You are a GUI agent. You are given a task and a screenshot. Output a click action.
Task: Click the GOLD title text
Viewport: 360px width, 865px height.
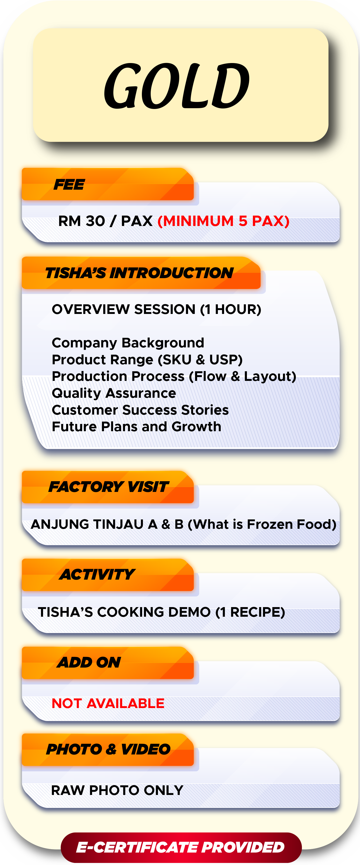click(177, 86)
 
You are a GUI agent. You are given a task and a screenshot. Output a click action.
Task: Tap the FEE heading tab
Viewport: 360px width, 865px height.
click(70, 184)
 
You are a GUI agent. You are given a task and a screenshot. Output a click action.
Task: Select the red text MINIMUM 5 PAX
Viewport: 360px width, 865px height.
click(223, 221)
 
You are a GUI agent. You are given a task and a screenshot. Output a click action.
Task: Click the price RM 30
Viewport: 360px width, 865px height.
click(82, 221)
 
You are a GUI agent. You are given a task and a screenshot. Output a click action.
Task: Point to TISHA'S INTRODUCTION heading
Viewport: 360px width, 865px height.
click(139, 273)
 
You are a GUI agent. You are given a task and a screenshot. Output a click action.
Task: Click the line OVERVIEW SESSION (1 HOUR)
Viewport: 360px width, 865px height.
click(156, 309)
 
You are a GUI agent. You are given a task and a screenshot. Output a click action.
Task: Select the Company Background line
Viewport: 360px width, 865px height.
click(128, 343)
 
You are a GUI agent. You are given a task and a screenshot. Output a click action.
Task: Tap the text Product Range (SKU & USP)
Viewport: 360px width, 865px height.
click(147, 360)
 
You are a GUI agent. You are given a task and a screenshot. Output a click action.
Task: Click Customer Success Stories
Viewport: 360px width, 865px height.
click(140, 410)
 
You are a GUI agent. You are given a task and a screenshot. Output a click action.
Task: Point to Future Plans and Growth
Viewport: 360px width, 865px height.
click(136, 427)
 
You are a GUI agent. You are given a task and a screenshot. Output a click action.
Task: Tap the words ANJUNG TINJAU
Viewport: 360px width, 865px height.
click(87, 524)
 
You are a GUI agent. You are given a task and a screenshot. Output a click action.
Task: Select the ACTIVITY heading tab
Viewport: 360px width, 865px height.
click(97, 574)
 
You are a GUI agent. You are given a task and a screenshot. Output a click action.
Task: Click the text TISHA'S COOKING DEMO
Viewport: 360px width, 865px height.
click(124, 612)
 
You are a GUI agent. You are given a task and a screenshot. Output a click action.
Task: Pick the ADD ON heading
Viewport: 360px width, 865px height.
click(89, 662)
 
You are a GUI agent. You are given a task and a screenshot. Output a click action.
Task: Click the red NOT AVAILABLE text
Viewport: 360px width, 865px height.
click(108, 703)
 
